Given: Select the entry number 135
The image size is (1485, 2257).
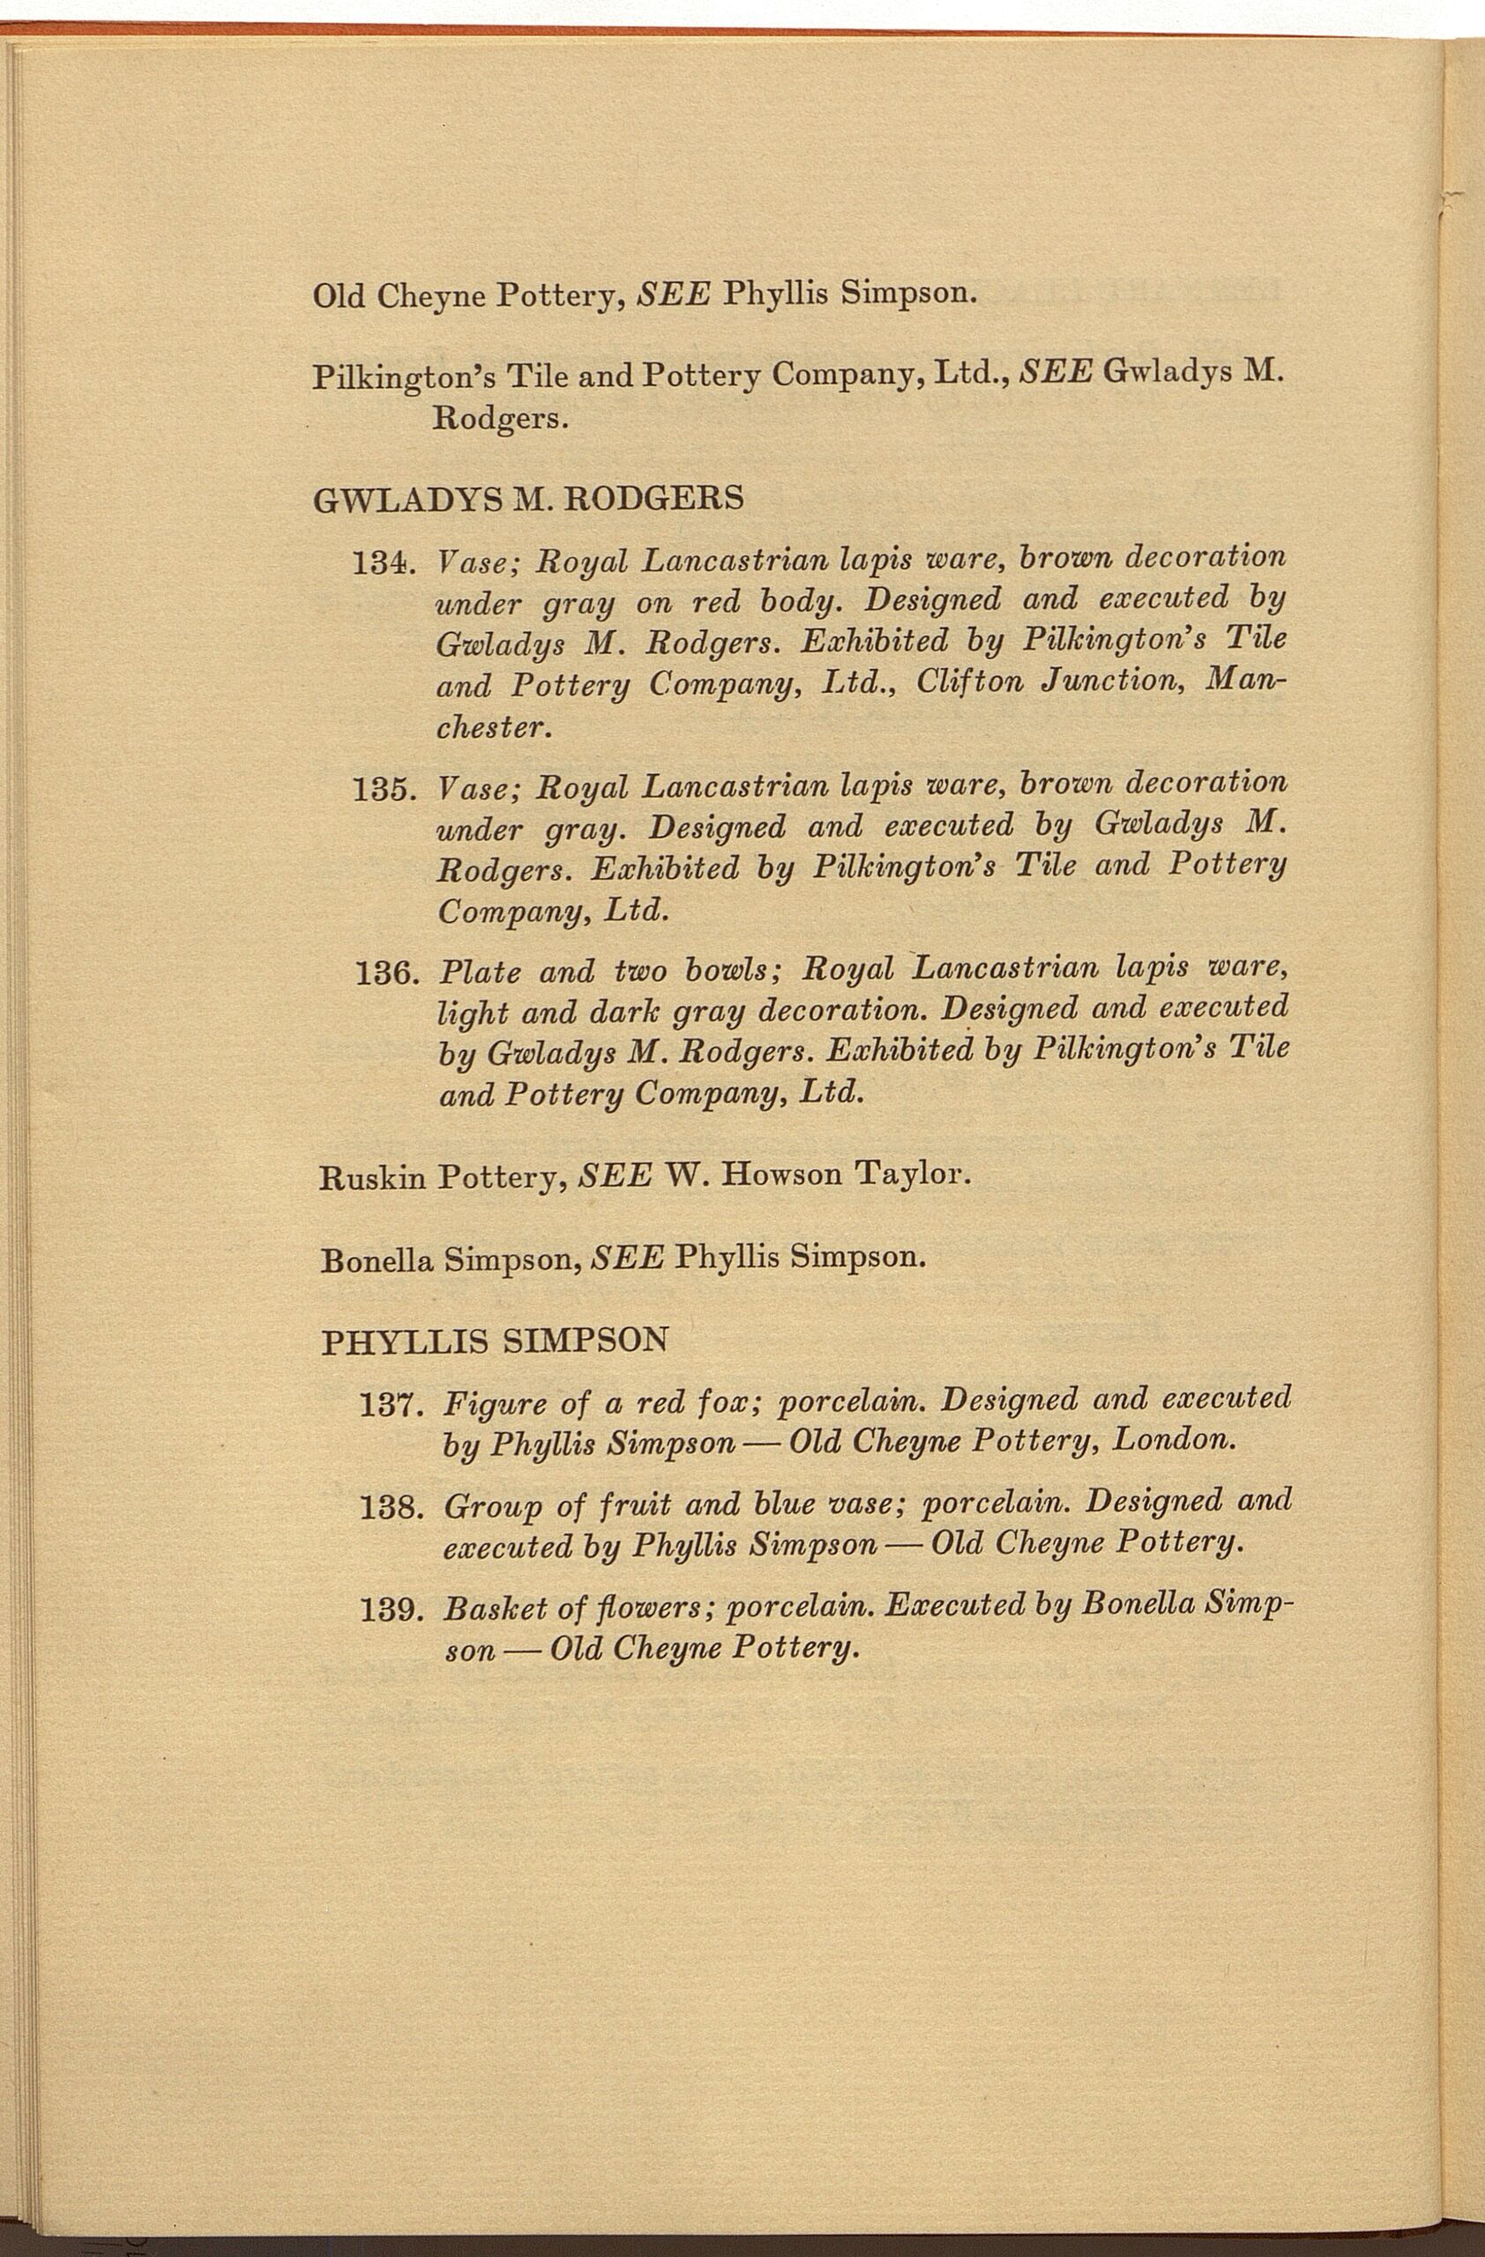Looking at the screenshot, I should (384, 789).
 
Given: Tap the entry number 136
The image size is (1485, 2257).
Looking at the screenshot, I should (385, 974).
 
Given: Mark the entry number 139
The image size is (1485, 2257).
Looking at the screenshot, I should (391, 1609).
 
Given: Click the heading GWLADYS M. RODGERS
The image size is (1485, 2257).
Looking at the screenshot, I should (527, 498).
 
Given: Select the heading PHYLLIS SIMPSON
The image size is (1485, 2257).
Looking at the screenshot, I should (494, 1342).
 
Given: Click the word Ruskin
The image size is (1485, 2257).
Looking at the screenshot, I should (374, 1178).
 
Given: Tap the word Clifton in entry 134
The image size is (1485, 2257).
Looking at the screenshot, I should (968, 682).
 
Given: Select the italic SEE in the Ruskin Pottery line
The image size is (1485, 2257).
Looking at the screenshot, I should (616, 1177).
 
